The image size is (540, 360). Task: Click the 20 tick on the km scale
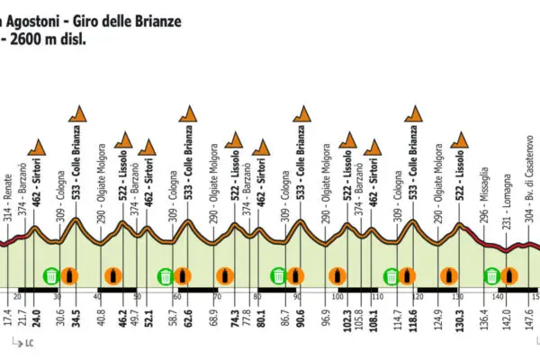coord(18,296)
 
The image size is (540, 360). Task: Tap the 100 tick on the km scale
coord(337,296)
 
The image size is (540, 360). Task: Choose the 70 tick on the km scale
coord(217,296)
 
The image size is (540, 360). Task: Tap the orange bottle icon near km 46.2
coord(112,275)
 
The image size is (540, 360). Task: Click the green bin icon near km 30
coord(51,275)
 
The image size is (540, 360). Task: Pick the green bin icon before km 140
coord(492,275)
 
